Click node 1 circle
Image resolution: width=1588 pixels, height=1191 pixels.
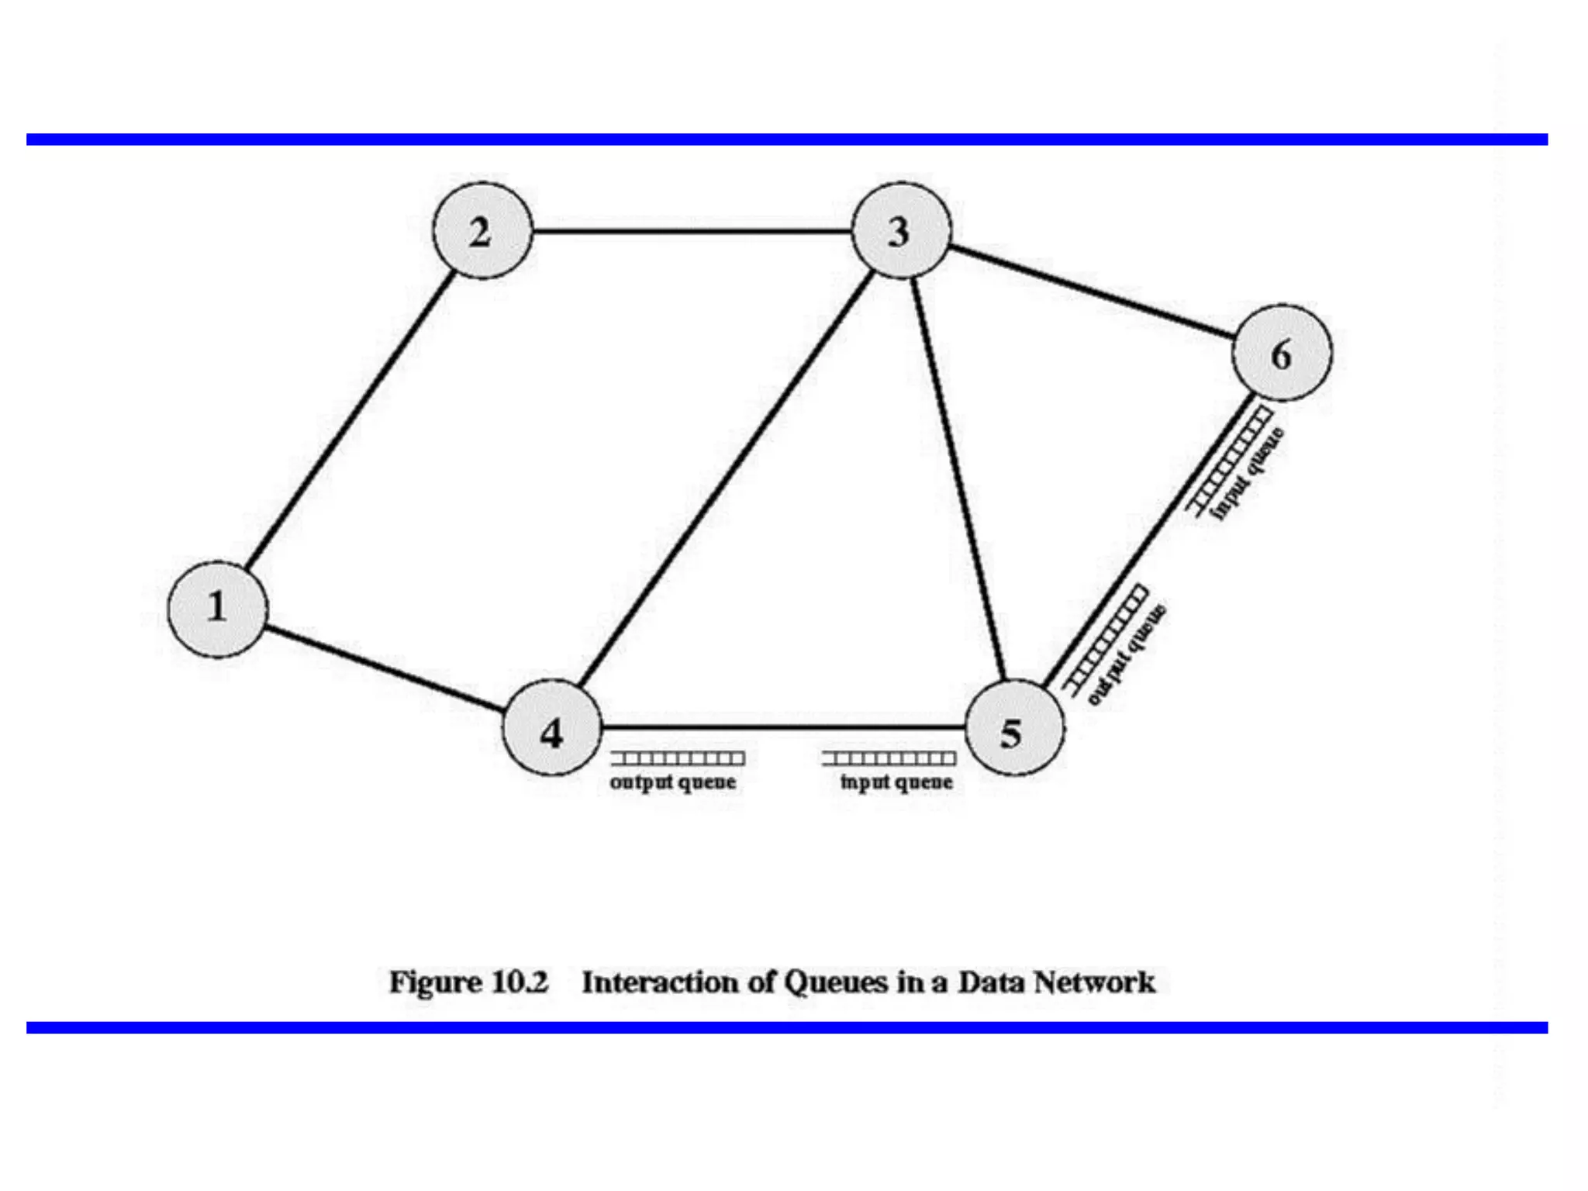pos(218,609)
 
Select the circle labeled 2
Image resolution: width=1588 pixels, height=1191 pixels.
pos(482,231)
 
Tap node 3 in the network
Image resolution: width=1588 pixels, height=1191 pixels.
pos(900,231)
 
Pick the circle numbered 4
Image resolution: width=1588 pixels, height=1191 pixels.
pos(552,728)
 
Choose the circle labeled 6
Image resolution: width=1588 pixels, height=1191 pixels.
pos(1282,354)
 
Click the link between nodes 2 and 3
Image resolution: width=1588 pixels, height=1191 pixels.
pos(690,231)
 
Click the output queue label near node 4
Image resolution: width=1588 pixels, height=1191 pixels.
pos(673,782)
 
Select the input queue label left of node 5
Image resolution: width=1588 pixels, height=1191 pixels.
pos(897,782)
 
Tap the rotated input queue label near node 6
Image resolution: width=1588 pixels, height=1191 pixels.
pos(1249,475)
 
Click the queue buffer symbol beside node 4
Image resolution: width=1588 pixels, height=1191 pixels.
pos(677,758)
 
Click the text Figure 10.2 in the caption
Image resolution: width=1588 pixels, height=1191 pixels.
pos(468,982)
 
